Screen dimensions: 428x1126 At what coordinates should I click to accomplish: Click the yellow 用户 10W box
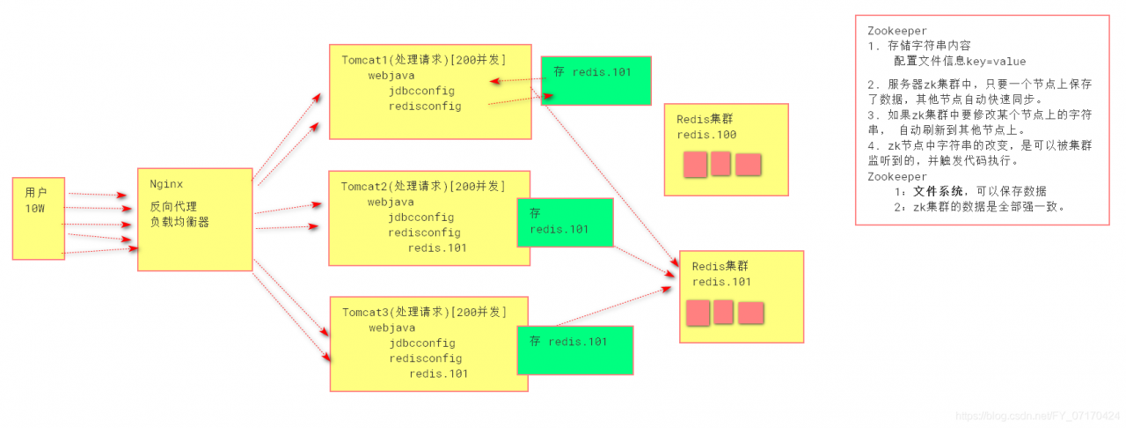pos(39,218)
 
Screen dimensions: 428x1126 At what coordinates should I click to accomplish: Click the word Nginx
pos(166,184)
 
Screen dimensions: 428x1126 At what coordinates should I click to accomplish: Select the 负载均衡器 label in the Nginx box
pos(179,222)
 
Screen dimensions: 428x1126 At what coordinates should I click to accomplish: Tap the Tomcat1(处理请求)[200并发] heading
pos(423,60)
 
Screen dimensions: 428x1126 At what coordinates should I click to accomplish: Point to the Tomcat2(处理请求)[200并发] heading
pos(423,186)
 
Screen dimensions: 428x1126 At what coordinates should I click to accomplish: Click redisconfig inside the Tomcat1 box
pos(424,107)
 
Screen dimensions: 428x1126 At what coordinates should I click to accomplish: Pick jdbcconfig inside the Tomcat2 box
pos(420,218)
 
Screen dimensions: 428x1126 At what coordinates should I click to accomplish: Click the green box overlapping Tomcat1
pos(596,80)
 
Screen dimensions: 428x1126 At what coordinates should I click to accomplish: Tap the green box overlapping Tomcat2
pos(564,222)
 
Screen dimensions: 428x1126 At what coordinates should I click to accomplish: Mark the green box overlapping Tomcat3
pos(574,350)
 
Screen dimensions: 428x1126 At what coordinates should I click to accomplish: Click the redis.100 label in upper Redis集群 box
pos(706,135)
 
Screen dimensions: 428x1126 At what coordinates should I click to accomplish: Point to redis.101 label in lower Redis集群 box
pos(721,282)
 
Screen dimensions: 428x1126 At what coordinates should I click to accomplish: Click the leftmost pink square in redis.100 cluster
pos(695,165)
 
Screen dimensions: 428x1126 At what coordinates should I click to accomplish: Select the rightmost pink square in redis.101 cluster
pos(750,313)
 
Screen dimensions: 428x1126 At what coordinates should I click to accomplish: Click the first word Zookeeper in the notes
pos(896,30)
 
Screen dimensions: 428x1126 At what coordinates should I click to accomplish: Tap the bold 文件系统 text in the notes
pos(938,191)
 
